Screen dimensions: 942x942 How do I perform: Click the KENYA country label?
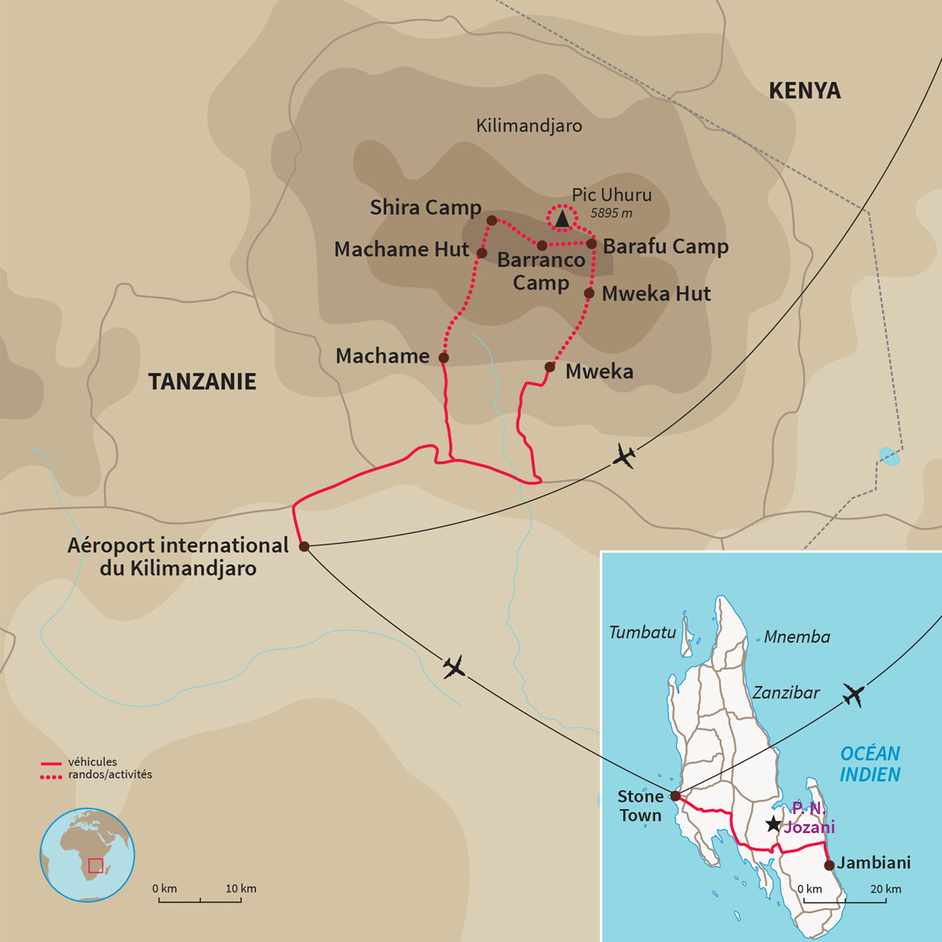(x=804, y=91)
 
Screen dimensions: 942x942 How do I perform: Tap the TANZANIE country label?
(x=202, y=382)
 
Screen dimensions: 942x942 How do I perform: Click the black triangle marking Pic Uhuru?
(x=562, y=219)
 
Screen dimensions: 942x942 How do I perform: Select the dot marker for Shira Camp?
(x=492, y=221)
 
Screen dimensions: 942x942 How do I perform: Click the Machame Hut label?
(x=401, y=250)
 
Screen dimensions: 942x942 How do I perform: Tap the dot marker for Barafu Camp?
(x=592, y=244)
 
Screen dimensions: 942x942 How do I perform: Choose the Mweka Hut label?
(x=656, y=294)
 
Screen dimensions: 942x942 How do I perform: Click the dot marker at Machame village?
(x=444, y=358)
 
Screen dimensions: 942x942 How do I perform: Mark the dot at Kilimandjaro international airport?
(x=304, y=546)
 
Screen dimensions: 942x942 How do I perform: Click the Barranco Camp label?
(x=540, y=271)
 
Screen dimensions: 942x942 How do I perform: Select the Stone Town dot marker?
(x=675, y=796)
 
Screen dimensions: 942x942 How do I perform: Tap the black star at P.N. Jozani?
(x=773, y=824)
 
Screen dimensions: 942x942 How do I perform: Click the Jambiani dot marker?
(x=829, y=865)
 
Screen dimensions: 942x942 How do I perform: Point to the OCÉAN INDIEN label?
(x=869, y=764)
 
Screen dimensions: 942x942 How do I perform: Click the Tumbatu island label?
(x=642, y=633)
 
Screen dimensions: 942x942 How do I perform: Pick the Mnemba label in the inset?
(x=797, y=637)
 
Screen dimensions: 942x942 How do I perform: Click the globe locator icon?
(x=87, y=855)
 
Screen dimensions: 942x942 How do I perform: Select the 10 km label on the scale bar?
(x=240, y=888)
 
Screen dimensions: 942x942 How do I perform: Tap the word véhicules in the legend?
(x=93, y=762)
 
